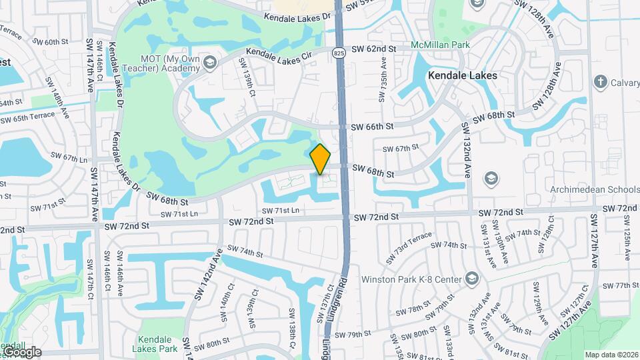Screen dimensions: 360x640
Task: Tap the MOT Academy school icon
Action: (x=210, y=63)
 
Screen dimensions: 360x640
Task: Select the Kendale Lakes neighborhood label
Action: (x=462, y=75)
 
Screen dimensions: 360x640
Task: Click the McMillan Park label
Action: (x=441, y=45)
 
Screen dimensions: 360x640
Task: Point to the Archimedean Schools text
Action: (x=593, y=189)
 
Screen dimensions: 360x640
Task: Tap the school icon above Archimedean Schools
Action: (x=491, y=177)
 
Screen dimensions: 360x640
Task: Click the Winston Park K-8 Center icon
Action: (x=472, y=278)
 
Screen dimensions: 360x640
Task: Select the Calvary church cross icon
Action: (x=600, y=82)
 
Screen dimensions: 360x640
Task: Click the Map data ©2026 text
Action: (x=611, y=355)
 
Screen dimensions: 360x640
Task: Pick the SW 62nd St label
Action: (x=374, y=49)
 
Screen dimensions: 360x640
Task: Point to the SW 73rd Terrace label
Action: (x=413, y=242)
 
